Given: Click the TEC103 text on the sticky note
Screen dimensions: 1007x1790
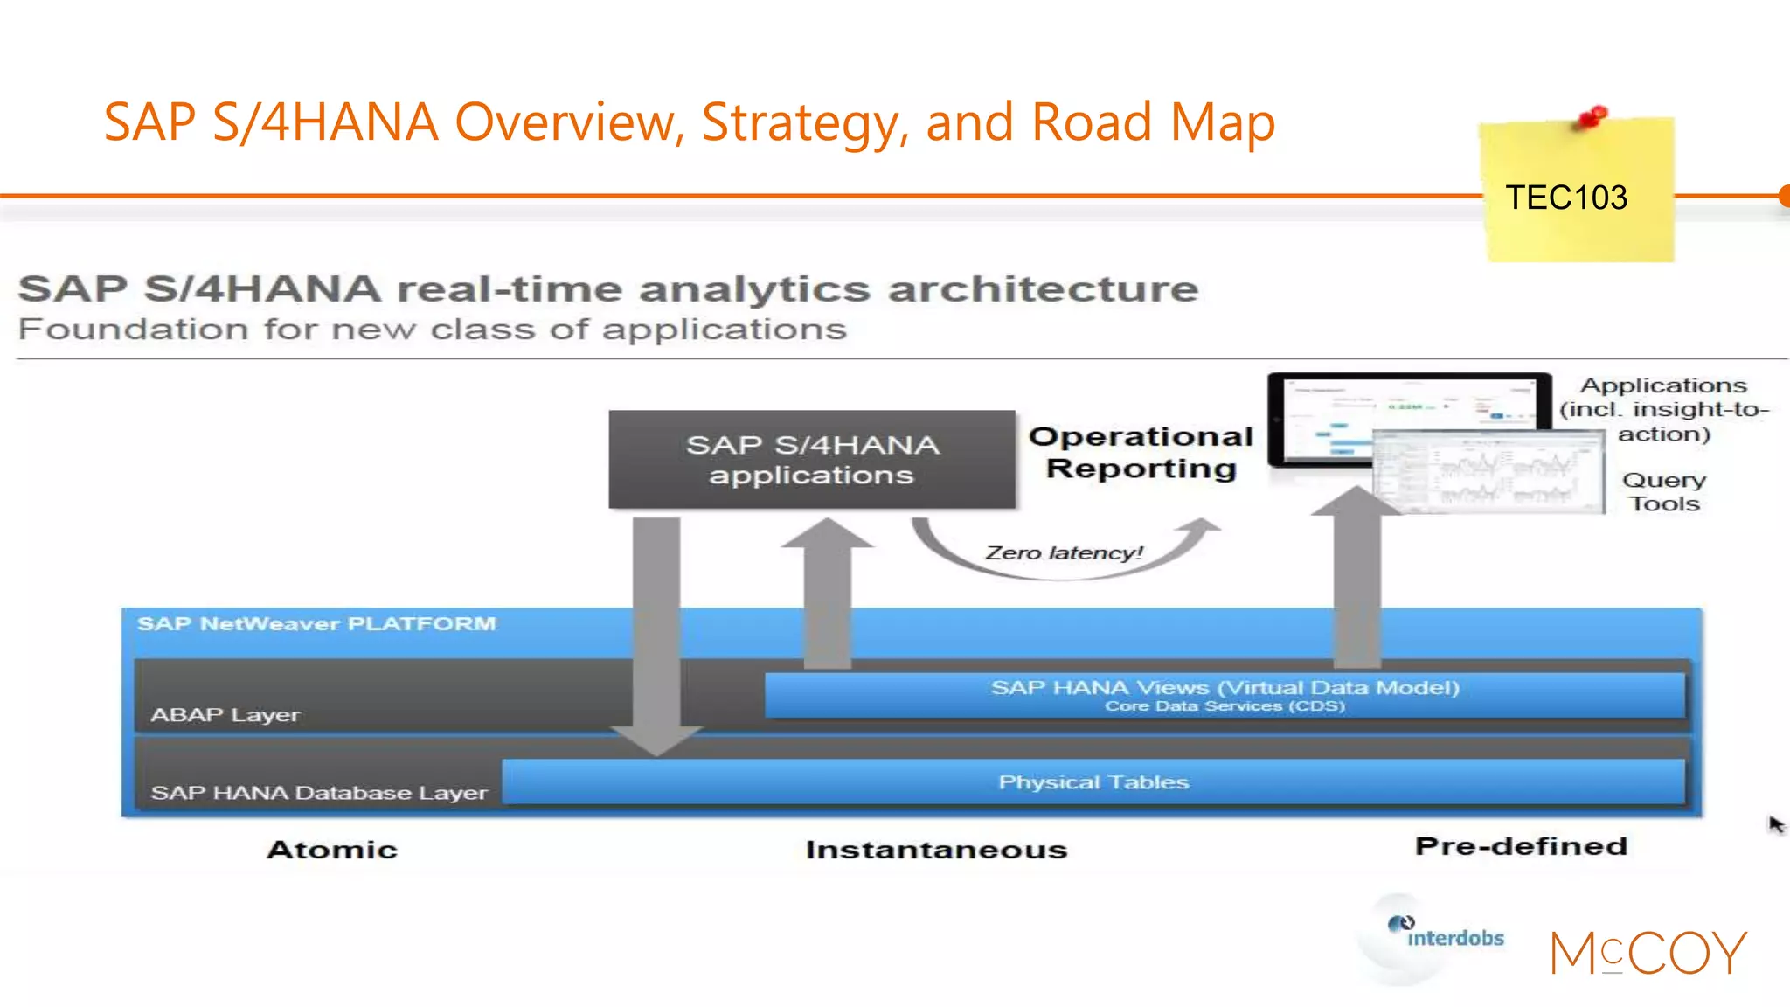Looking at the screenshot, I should coord(1565,198).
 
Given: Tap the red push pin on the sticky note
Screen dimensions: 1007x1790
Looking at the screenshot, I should coord(1592,116).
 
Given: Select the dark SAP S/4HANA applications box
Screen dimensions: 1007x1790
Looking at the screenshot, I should coord(812,460).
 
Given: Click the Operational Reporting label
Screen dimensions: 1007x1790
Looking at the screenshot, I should coord(1141,452).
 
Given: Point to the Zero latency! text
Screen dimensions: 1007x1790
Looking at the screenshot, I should coord(1064,552).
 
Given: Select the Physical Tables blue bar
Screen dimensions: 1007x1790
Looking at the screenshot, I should coord(1093,781).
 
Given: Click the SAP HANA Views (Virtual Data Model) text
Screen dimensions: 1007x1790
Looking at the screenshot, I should coord(1225,687).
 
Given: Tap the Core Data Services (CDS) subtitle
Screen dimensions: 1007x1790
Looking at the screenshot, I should coord(1225,706).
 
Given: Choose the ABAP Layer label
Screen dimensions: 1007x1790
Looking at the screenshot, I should coord(225,715).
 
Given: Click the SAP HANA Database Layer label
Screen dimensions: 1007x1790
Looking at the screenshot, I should coord(319,793).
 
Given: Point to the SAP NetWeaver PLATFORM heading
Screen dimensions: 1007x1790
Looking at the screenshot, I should coord(316,624).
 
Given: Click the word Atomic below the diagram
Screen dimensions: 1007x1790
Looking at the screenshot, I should coord(332,850).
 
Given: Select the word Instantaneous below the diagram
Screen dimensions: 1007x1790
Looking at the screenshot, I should coord(936,850).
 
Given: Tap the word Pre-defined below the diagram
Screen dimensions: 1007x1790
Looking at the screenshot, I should coord(1521,846).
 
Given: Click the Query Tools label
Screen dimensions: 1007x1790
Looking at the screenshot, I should coord(1664,491).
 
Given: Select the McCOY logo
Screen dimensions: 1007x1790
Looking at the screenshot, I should coord(1648,953).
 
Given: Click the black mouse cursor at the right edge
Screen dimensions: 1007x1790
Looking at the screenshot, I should coord(1776,824).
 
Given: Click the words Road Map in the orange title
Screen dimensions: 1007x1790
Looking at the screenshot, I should coord(1153,122).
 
